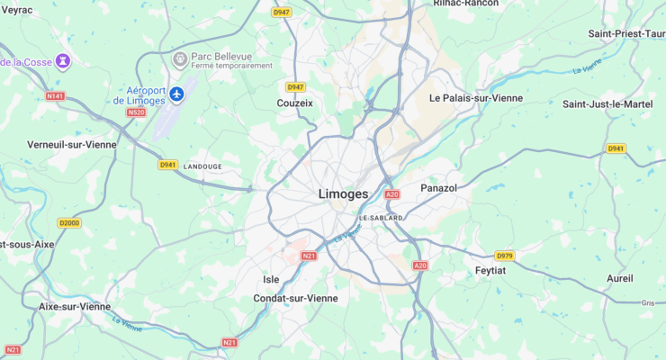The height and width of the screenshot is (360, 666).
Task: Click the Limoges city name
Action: click(x=343, y=194)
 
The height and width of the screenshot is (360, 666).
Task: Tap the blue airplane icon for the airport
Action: click(x=177, y=94)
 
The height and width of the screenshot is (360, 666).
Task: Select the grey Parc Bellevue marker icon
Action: click(x=179, y=59)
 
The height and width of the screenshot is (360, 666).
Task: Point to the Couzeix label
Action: click(x=295, y=103)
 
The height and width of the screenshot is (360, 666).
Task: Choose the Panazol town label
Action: click(x=439, y=188)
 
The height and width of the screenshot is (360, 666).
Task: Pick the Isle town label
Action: click(x=271, y=279)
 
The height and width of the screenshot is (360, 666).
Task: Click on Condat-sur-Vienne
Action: click(x=295, y=298)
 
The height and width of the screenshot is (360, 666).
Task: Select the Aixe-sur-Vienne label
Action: click(x=75, y=306)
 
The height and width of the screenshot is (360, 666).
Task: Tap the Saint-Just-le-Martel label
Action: click(x=607, y=104)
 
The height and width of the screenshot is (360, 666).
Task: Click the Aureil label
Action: click(x=620, y=278)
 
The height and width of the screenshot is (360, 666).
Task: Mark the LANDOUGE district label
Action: click(x=202, y=166)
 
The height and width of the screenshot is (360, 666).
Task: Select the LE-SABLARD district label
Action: click(x=381, y=218)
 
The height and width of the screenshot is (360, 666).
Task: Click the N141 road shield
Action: click(x=55, y=95)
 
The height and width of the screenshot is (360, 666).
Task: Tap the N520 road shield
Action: click(x=137, y=112)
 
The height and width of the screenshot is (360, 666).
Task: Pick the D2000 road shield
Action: click(x=68, y=222)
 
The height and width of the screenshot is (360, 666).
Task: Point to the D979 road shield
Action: click(x=504, y=256)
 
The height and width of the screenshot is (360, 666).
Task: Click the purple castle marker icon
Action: click(x=62, y=61)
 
